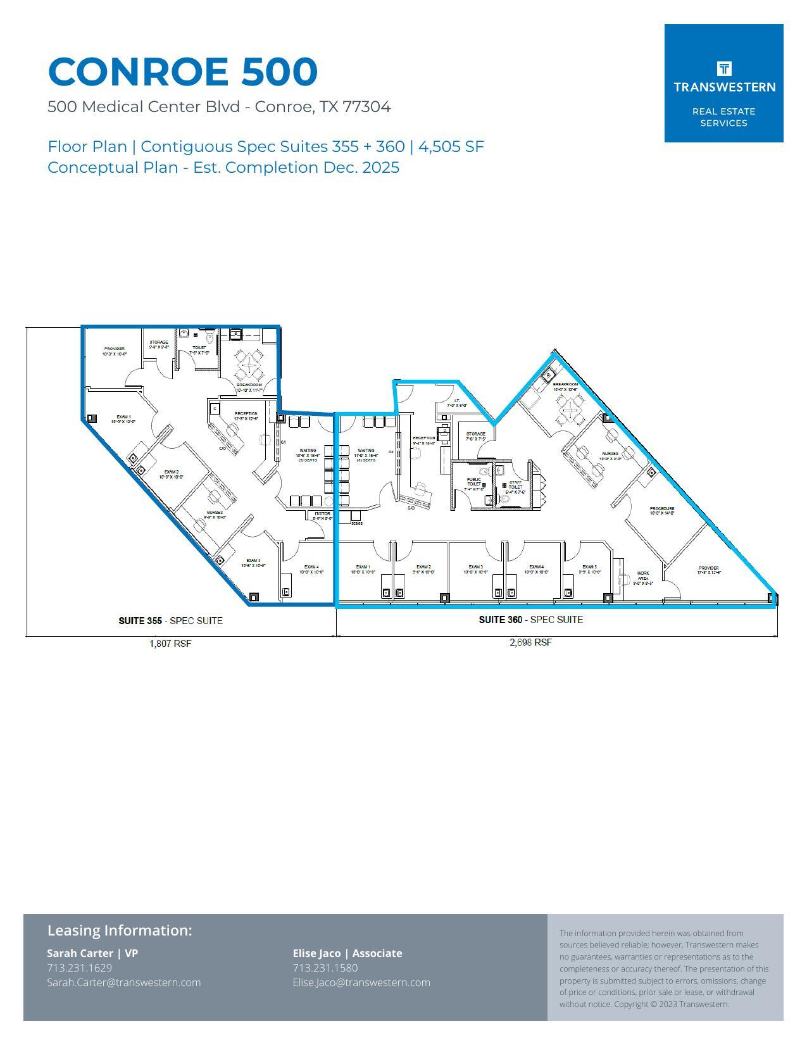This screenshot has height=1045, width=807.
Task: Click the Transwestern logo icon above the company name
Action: coord(724,68)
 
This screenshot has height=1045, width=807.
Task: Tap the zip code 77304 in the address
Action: coord(366,107)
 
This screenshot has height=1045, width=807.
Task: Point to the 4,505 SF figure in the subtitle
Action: coord(451,147)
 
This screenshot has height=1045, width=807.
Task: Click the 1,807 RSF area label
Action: coord(170,644)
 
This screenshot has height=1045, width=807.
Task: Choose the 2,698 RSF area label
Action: coord(530,642)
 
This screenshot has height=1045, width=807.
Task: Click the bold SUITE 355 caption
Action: coord(140,621)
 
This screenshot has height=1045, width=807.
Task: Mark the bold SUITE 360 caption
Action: coord(500,620)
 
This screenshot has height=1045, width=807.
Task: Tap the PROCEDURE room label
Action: coord(662,509)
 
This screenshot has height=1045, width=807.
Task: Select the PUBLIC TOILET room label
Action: coord(474,482)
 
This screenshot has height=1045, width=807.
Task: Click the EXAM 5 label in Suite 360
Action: coord(589,567)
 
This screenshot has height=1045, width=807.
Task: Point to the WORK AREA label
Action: coord(643,576)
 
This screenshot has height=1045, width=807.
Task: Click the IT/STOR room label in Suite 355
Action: coord(322,514)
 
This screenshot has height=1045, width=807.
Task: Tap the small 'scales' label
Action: coord(357,523)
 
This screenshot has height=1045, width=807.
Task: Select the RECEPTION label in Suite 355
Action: coord(246,414)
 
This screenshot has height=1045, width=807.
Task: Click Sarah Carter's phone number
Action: coord(80,968)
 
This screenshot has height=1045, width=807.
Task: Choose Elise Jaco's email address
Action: coord(361,983)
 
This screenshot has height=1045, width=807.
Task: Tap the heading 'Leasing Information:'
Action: coord(120,930)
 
